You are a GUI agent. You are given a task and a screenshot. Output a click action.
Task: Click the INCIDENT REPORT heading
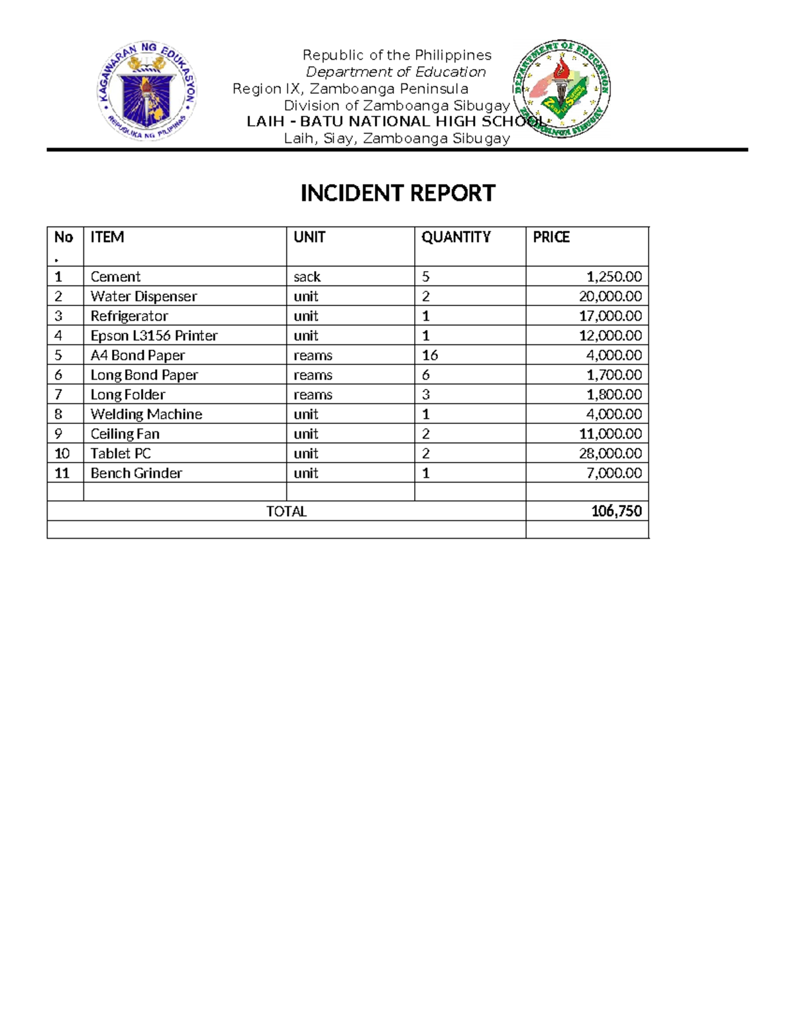click(x=397, y=193)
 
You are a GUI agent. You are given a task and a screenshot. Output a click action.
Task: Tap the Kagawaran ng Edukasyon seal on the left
click(x=146, y=91)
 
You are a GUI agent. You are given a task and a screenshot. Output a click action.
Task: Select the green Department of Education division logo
click(x=562, y=89)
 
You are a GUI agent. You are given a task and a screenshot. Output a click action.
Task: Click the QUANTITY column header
click(x=456, y=237)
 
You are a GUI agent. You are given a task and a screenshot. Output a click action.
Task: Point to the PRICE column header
click(x=551, y=237)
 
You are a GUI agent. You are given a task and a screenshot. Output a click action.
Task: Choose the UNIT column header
click(x=309, y=237)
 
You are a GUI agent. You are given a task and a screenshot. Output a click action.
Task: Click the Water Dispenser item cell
click(x=144, y=296)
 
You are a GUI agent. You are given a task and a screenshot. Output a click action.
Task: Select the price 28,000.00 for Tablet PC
click(x=610, y=453)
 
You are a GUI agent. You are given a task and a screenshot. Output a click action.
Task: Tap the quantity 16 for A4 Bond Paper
click(x=430, y=355)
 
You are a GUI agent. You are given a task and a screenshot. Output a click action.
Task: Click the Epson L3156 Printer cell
click(x=154, y=336)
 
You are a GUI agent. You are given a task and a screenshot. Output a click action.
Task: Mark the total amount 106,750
click(x=616, y=511)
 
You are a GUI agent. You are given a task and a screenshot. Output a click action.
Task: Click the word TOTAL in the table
click(x=286, y=512)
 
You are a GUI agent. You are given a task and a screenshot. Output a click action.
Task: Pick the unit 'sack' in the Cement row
click(x=307, y=277)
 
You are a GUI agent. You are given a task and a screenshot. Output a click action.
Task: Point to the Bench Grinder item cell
click(x=136, y=473)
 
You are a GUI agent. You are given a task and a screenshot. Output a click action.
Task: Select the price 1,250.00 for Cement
click(x=614, y=277)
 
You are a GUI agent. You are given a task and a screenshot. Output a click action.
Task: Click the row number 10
click(x=62, y=454)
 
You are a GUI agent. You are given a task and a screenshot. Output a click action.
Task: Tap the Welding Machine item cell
click(x=146, y=414)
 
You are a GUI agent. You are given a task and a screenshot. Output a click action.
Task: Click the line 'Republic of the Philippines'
click(x=397, y=55)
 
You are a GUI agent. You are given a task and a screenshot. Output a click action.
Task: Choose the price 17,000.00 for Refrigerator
click(x=610, y=316)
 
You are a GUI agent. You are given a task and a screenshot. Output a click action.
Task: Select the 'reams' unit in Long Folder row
click(x=313, y=395)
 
